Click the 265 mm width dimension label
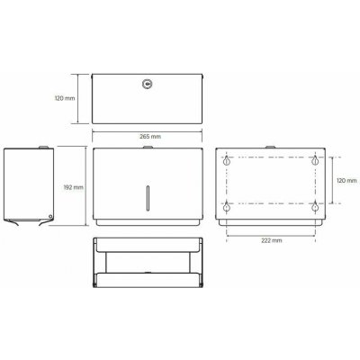[150, 137]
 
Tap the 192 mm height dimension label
[74, 187]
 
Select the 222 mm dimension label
[272, 240]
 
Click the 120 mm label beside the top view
[65, 98]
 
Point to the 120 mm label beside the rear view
[346, 181]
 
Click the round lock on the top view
[147, 84]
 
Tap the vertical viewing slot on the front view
[147, 198]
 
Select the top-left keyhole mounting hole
[227, 161]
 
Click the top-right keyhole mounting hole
[315, 161]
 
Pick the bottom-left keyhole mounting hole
[227, 207]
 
